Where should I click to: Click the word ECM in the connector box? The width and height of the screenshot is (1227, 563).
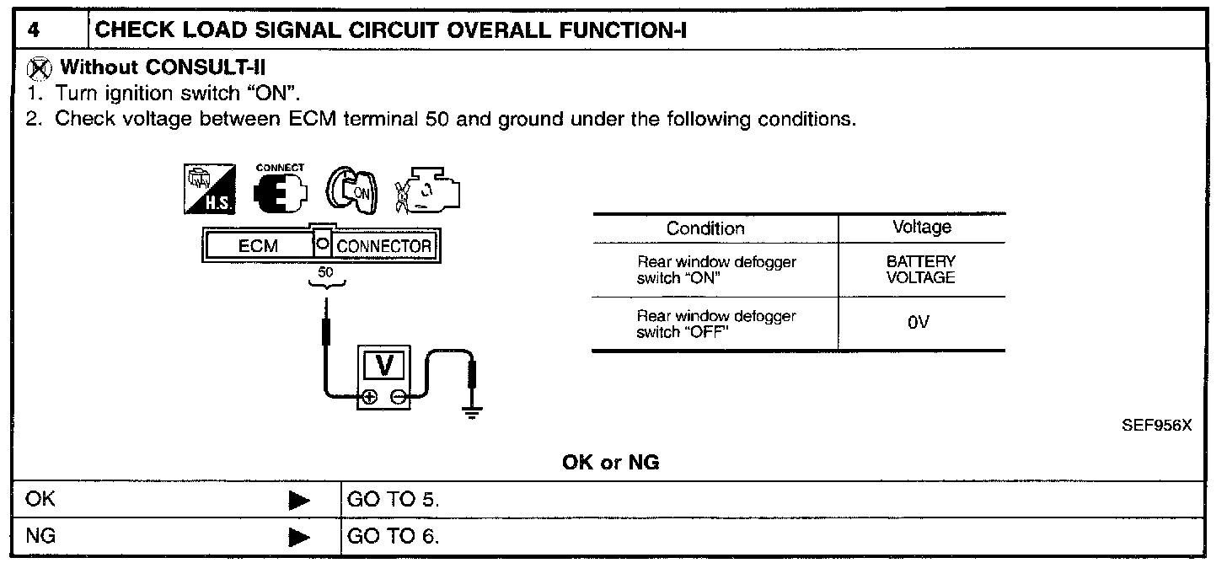[258, 246]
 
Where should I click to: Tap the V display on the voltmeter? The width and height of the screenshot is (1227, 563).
[385, 366]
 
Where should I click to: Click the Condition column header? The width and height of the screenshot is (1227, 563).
[705, 228]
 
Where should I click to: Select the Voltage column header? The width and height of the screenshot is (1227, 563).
[921, 227]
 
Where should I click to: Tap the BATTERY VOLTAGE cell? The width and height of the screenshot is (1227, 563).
[921, 270]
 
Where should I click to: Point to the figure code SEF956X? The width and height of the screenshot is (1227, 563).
[1156, 426]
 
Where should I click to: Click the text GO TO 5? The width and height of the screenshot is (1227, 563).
[394, 500]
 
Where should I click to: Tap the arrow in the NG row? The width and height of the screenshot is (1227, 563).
[299, 536]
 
